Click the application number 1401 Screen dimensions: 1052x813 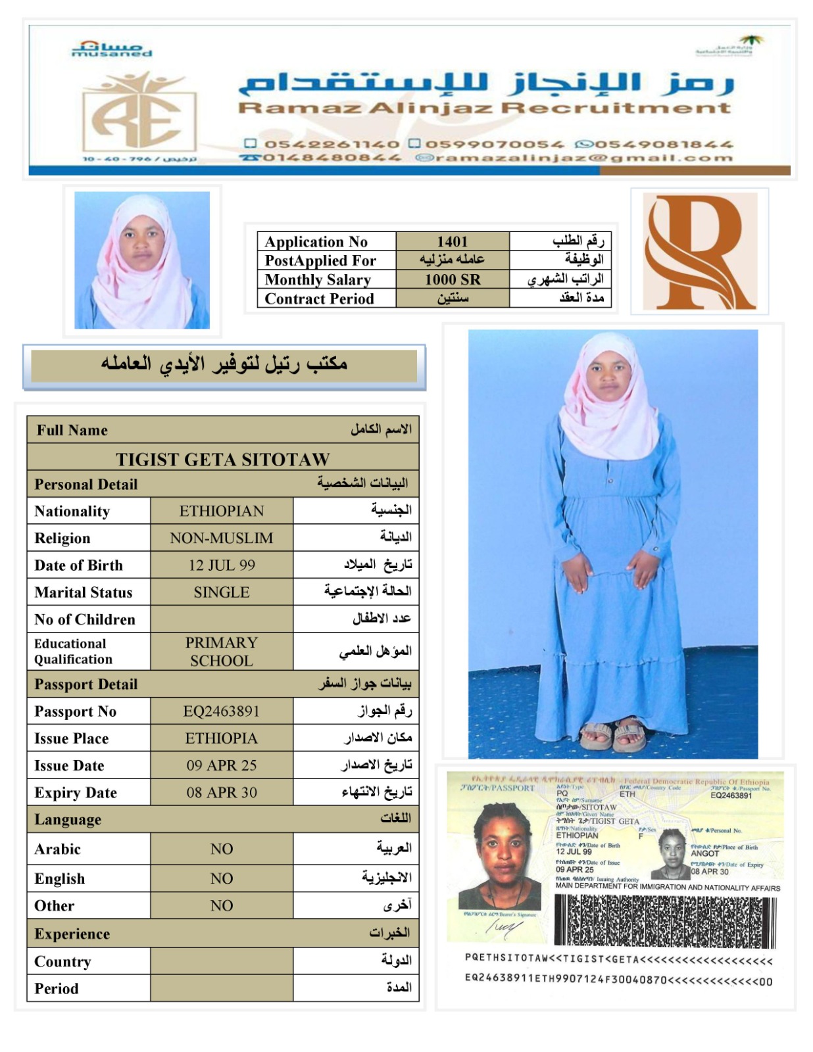452,241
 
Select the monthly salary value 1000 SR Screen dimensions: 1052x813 452,279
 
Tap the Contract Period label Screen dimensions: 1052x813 319,299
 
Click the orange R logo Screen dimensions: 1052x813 699,252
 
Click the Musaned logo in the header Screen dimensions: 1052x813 111,49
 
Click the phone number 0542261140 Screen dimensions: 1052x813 332,143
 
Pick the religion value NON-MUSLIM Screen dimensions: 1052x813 221,538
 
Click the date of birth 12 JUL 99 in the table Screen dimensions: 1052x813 221,565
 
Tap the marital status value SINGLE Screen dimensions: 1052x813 221,592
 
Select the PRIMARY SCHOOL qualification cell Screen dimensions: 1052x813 221,651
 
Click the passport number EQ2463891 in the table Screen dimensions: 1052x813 221,711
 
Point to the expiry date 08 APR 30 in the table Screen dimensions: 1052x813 221,792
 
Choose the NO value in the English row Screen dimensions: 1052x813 221,878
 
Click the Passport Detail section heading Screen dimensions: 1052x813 86,684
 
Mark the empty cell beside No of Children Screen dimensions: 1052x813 221,619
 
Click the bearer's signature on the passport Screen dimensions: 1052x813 504,927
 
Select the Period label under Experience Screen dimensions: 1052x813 57,988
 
